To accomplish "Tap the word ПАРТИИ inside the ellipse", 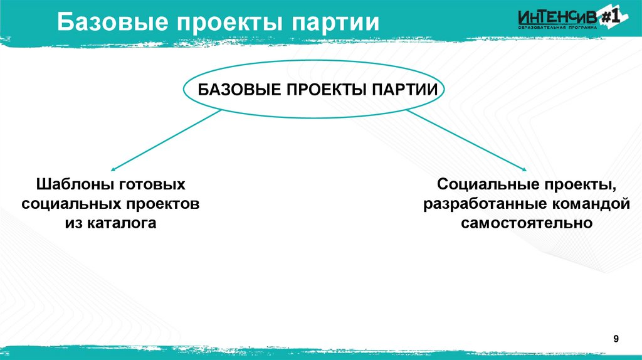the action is click(x=403, y=89).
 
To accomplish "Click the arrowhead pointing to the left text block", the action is click(x=113, y=169).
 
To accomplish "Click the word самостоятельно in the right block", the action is click(x=527, y=223).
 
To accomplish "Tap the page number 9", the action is click(x=616, y=339).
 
